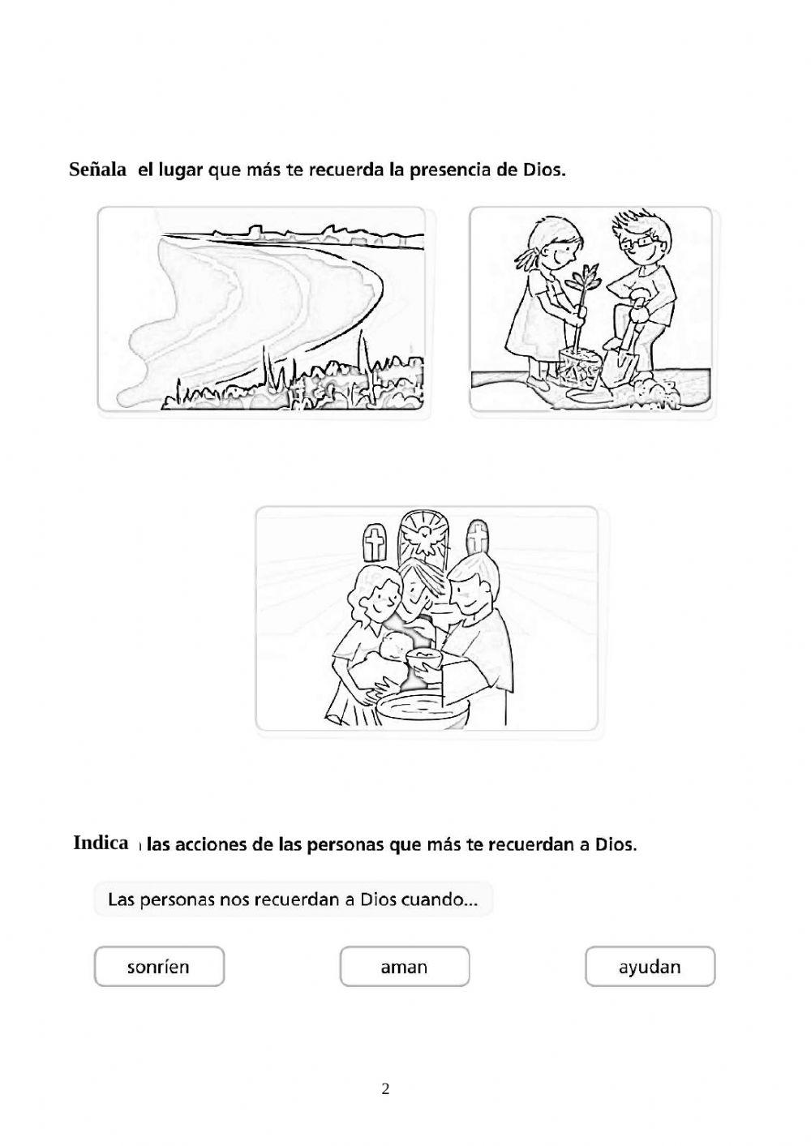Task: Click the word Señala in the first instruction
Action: [x=97, y=170]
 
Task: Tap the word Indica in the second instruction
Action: [x=101, y=843]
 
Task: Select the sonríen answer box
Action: [x=159, y=967]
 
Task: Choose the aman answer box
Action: [x=404, y=967]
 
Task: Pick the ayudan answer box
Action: [x=650, y=967]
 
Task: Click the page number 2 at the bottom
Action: [x=385, y=1089]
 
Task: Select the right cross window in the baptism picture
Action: [x=478, y=539]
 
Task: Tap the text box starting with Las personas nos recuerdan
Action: [x=293, y=899]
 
